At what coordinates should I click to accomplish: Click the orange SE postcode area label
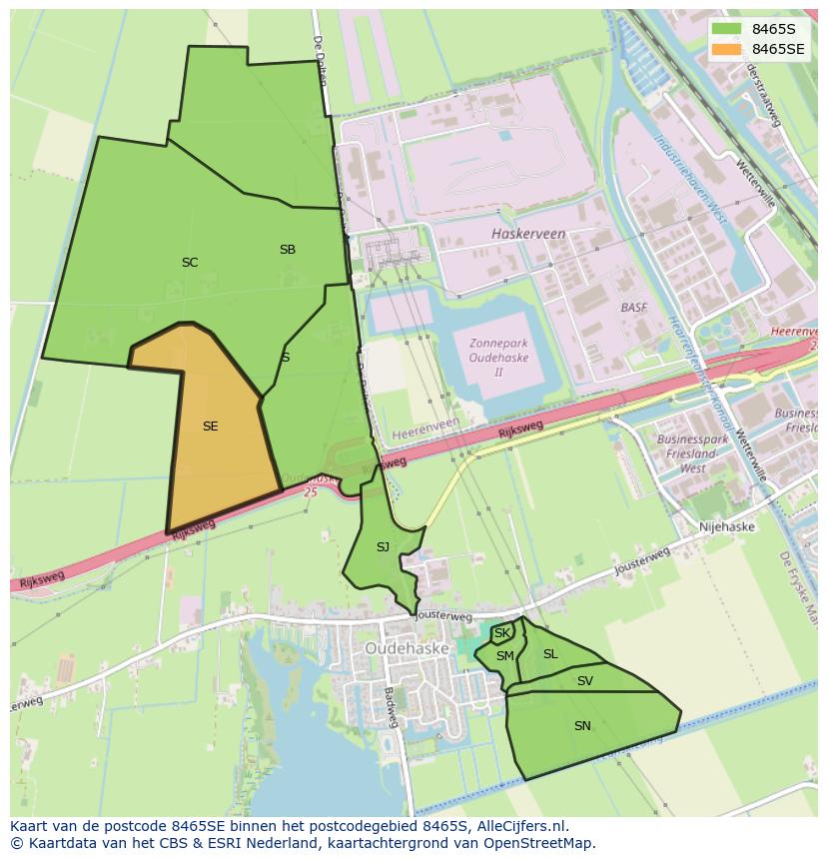[210, 427]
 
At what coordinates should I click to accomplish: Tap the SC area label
[190, 263]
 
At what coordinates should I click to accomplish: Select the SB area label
[288, 250]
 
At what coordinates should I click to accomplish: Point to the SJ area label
[383, 547]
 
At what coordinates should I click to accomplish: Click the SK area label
[502, 633]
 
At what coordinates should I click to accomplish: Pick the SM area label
[505, 656]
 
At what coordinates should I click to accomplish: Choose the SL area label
[550, 654]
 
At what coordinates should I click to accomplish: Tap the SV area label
[585, 681]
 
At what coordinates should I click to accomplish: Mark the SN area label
[582, 726]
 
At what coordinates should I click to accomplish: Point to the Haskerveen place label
[528, 234]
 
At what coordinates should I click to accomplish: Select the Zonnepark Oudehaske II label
[498, 358]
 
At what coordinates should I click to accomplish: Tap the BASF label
[634, 308]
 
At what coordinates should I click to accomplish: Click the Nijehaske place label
[727, 526]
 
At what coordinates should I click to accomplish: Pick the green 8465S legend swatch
[727, 29]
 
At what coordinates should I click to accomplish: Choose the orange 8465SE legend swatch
[727, 49]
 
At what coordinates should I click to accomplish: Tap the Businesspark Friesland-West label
[693, 453]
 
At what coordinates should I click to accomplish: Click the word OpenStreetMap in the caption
[540, 843]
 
